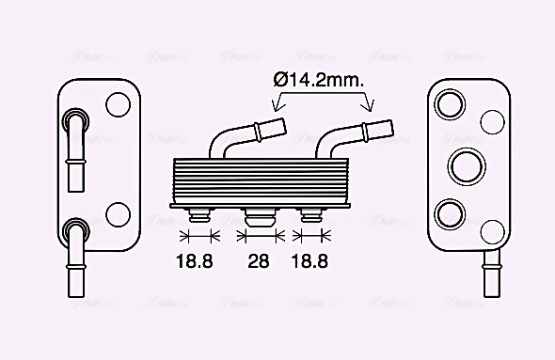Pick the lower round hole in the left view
tap(119, 213)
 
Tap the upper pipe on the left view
tap(74, 146)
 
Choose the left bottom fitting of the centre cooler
tap(198, 215)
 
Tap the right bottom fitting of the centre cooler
tap(310, 215)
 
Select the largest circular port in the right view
tap(466, 165)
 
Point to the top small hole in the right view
tap(492, 121)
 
